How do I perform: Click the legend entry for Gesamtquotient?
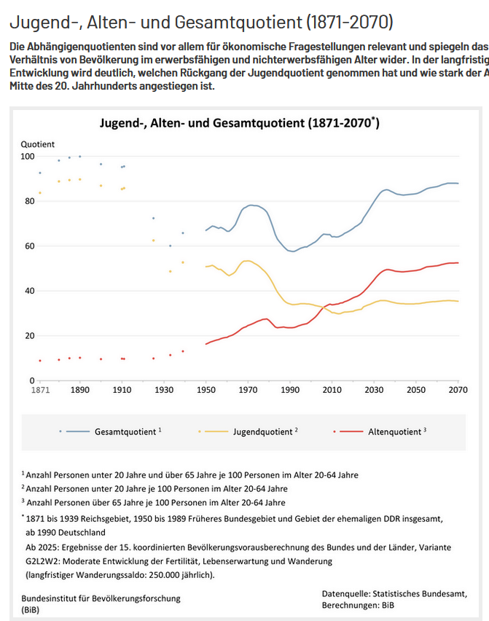click(125, 431)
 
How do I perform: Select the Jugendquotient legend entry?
click(263, 431)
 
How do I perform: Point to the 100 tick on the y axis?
click(27, 157)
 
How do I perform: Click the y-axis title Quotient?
click(37, 144)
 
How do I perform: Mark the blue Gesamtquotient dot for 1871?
click(40, 173)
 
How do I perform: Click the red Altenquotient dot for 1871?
click(40, 360)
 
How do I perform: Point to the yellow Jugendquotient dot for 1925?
click(153, 241)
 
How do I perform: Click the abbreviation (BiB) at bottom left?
click(31, 609)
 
